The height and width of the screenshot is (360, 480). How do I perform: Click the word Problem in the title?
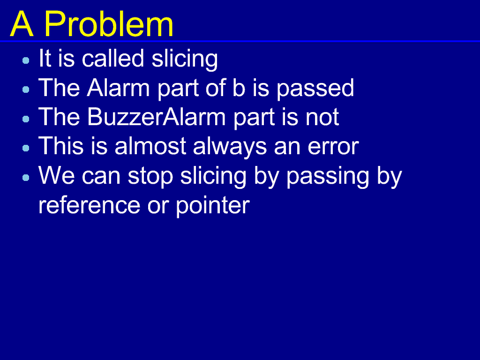point(109,24)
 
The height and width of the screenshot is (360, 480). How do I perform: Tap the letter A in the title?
point(22,24)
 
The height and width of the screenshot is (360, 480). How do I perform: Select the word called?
point(113,58)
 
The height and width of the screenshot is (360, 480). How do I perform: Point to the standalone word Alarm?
point(118,88)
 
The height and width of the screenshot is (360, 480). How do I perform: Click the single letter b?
point(239,88)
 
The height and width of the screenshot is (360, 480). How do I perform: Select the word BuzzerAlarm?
point(157,117)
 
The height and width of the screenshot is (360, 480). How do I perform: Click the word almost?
point(150,146)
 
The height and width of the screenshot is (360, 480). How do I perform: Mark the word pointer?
point(213,206)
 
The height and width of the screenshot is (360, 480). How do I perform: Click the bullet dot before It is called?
point(26,60)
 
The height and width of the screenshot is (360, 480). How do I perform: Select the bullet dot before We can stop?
point(26,178)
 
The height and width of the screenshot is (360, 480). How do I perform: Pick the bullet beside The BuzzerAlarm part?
point(26,119)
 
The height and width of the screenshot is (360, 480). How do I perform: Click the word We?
point(57,176)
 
